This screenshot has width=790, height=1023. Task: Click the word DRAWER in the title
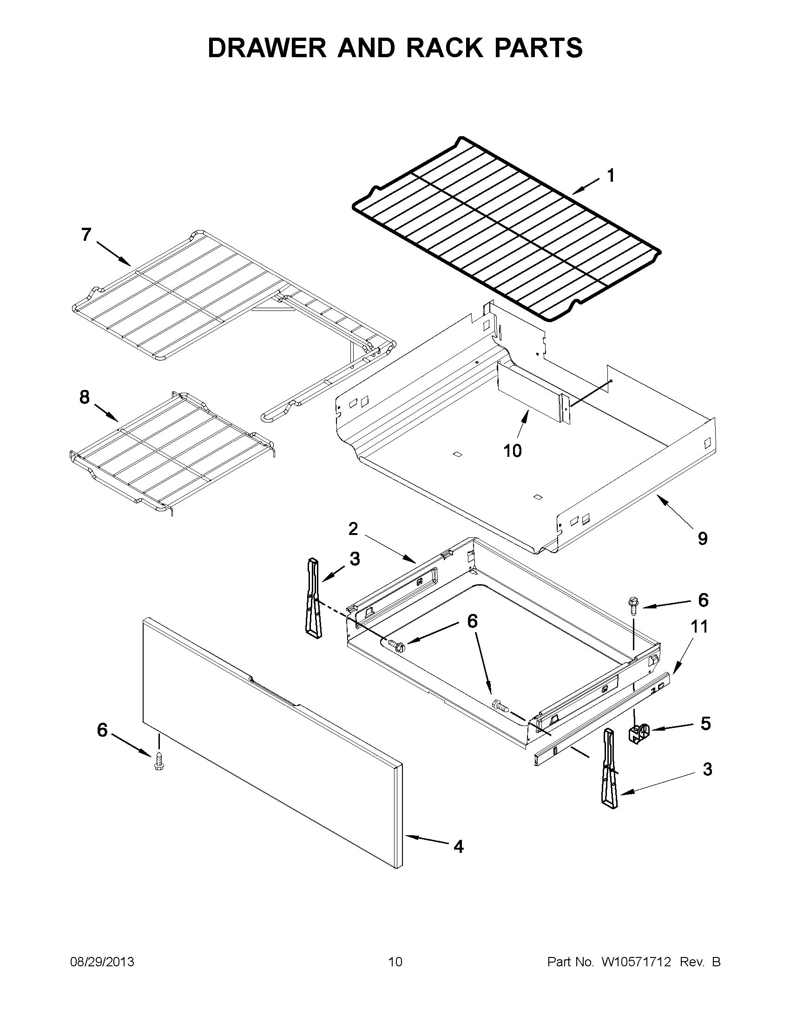(267, 48)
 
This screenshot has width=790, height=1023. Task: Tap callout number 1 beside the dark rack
(610, 176)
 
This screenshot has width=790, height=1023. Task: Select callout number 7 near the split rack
(86, 234)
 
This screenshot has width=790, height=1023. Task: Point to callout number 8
(84, 397)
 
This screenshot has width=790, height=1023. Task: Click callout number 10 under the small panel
(512, 450)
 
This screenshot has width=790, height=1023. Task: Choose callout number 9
(703, 539)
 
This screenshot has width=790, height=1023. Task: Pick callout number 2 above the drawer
(353, 529)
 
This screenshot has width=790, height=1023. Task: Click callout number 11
(700, 627)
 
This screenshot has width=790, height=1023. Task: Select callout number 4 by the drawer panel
(459, 846)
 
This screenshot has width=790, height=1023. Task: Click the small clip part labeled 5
(639, 733)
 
